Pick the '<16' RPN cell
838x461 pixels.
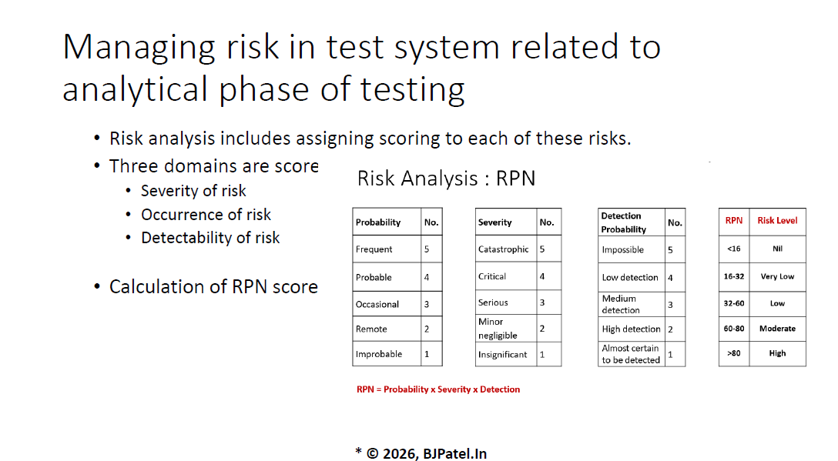coord(734,249)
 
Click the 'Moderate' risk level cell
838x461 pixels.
coord(777,329)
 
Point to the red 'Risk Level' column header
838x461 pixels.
coord(777,221)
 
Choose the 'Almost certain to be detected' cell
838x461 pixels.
coord(631,354)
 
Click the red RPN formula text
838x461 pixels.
coord(437,389)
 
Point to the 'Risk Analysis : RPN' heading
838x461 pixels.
coord(446,179)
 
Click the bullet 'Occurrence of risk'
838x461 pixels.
coord(206,215)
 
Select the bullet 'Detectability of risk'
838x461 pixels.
coord(210,239)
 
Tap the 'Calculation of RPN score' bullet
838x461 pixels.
coord(213,287)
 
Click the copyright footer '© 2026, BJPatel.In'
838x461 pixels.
coord(427,453)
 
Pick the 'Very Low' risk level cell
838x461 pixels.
coord(777,277)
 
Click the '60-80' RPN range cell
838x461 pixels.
coord(734,329)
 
